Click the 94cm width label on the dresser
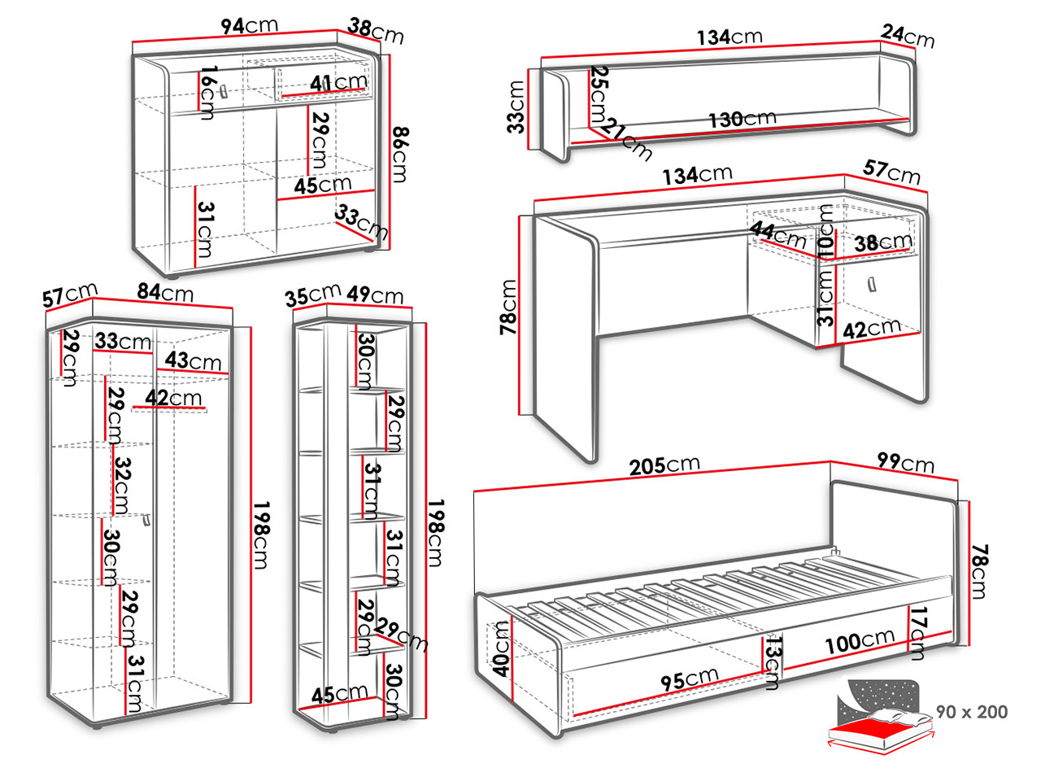(x=249, y=26)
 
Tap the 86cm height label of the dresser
(x=399, y=155)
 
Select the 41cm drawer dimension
(x=338, y=82)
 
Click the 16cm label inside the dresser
(x=207, y=94)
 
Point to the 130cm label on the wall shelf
(x=742, y=119)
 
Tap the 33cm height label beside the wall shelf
(x=515, y=107)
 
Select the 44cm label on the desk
(x=777, y=235)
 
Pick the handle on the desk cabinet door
(x=871, y=286)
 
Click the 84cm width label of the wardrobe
(x=165, y=291)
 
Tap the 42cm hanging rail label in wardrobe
(x=174, y=398)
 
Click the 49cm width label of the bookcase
(x=375, y=295)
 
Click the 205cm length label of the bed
(x=664, y=465)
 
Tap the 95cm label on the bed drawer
(x=689, y=678)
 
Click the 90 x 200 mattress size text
(x=971, y=712)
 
